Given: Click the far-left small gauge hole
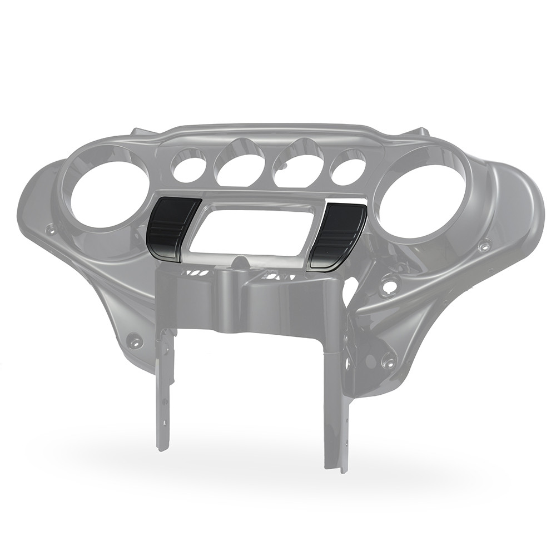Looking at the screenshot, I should click(x=188, y=166).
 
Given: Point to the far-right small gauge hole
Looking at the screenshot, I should click(x=348, y=167).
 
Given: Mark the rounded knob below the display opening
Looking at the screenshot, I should click(x=239, y=261).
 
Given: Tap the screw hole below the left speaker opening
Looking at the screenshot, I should click(x=51, y=229).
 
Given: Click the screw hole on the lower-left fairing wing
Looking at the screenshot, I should click(x=133, y=340).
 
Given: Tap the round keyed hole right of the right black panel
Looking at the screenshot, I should click(x=390, y=286).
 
